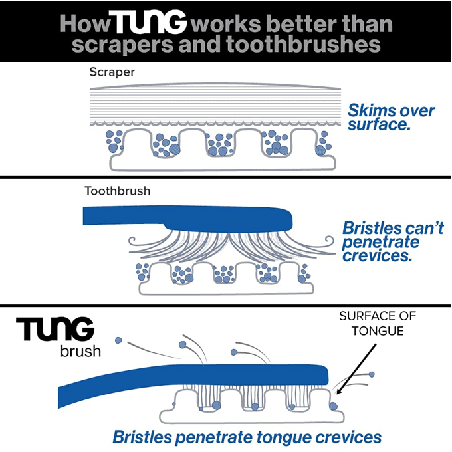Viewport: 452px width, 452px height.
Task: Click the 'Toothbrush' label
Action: click(117, 191)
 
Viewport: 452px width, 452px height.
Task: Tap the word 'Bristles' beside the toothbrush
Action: click(372, 228)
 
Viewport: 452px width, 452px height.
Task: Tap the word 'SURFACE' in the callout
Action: click(363, 317)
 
